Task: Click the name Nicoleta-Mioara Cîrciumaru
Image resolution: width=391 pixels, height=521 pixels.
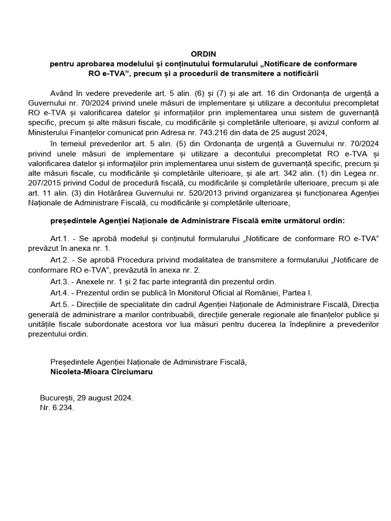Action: coord(101,371)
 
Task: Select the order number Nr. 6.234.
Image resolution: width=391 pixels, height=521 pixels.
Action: coord(57,407)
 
